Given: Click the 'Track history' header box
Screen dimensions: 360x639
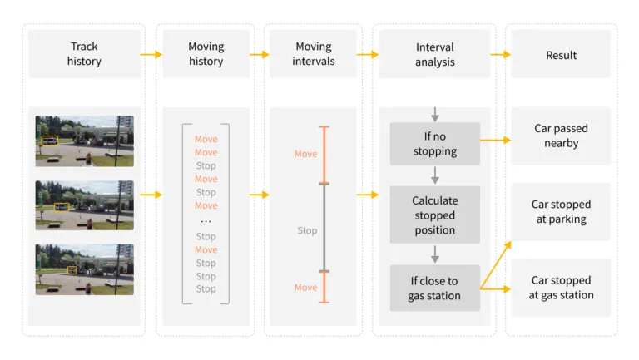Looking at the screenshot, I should pos(85,54).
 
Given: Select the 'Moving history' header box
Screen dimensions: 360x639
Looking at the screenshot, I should pos(206,54).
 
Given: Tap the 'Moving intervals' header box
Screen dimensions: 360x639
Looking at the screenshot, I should pos(313,54).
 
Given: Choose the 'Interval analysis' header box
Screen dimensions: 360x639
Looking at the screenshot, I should pos(434,54).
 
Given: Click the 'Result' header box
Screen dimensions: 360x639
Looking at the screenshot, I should pos(561,54).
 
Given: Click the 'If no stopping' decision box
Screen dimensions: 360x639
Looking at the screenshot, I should pos(434,144).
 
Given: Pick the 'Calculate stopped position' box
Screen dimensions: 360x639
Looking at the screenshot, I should pos(434,215).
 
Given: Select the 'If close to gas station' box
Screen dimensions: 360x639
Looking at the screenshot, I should pos(434,288).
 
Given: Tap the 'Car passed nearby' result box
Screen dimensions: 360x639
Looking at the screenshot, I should pos(561,136).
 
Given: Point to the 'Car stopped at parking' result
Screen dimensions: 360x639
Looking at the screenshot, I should pos(561,212).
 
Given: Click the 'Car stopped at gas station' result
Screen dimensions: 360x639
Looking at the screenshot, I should pos(561,288).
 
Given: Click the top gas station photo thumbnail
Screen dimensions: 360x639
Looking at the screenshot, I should pos(84,141).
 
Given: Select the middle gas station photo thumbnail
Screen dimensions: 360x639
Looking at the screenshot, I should pos(84,205).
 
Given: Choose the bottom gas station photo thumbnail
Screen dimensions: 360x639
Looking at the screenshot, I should pos(84,269).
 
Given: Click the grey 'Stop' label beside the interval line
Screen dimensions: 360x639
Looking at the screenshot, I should pos(307,230).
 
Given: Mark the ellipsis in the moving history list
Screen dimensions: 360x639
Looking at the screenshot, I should pos(206,221).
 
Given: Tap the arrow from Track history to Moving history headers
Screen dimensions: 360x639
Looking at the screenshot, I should pos(151,55).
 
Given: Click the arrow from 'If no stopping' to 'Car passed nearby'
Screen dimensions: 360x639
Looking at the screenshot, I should pos(495,141).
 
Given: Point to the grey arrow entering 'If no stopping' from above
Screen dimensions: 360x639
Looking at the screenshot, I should pos(434,114).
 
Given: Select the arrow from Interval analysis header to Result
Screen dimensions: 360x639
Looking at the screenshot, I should pos(500,55).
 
